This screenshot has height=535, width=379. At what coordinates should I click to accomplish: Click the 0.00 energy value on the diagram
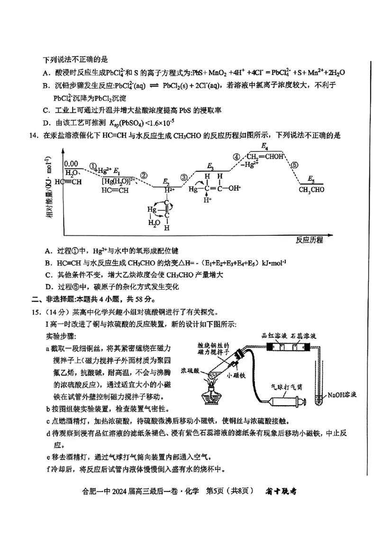(71, 164)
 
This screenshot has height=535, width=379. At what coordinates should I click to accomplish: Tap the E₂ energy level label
(166, 182)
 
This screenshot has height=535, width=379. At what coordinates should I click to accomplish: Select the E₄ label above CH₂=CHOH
(265, 146)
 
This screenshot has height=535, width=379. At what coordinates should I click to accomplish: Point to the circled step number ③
(184, 177)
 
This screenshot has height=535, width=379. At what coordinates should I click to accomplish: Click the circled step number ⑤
(295, 165)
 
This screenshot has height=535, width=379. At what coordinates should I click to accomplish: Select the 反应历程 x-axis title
(309, 240)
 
